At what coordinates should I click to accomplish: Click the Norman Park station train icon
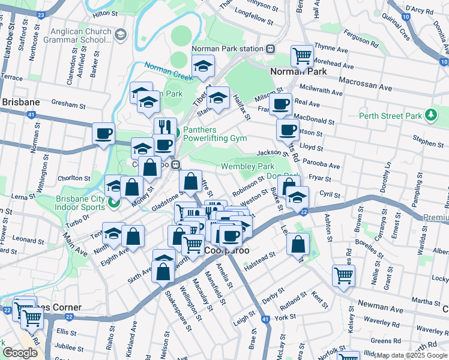coord(271,49)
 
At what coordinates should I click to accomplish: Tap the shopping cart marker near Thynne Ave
coord(302,56)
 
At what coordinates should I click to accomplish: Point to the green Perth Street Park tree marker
coord(430,115)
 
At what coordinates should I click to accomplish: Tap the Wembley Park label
coord(247,166)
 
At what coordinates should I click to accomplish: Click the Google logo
coord(20,353)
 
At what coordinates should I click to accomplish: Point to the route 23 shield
coord(41,14)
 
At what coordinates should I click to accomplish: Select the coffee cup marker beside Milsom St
coord(280,104)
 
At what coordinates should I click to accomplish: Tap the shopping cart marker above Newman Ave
coord(343,276)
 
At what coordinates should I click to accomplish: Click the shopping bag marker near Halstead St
coord(298,244)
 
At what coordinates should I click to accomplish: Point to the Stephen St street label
coord(428,142)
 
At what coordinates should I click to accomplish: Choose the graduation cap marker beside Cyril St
coord(297,197)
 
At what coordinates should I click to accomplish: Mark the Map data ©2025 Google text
coord(411,355)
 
